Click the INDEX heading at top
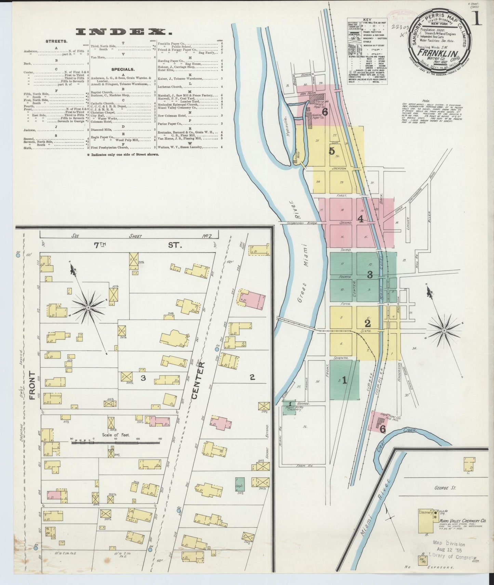123,32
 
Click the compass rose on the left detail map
88,308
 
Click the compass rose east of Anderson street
444,330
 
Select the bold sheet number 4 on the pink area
360,219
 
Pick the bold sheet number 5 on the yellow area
331,151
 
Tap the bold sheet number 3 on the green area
370,274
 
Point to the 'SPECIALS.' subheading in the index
122,69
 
